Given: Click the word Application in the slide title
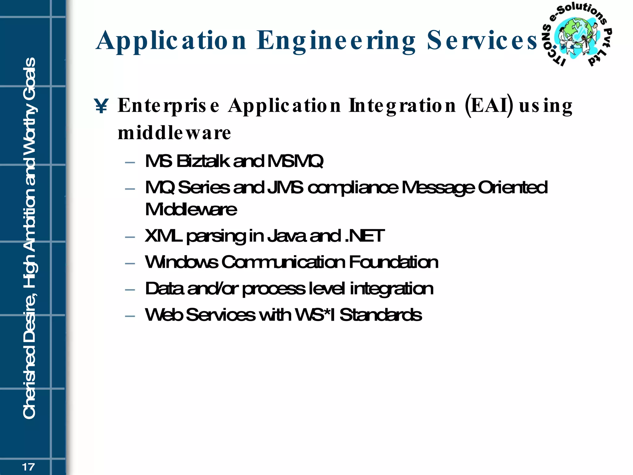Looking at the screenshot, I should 171,41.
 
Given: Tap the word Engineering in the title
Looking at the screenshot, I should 336,41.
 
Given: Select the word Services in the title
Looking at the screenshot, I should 482,41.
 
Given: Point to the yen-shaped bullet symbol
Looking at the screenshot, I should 101,106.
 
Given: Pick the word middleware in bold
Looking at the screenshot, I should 174,133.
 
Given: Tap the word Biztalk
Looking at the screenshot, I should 203,161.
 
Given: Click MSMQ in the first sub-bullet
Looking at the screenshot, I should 295,161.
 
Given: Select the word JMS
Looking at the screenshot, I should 285,187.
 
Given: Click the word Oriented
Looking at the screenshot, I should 513,187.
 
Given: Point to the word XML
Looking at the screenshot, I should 163,236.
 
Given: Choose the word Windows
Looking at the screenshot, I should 181,262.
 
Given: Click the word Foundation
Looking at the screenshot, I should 393,262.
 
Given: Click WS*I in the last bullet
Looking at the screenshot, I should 315,315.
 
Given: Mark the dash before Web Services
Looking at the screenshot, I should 130,316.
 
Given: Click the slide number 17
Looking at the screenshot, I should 28,467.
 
